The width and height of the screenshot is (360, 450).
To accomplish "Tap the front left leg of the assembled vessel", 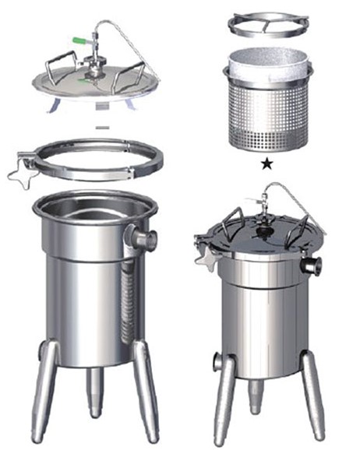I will (x=226, y=397).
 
